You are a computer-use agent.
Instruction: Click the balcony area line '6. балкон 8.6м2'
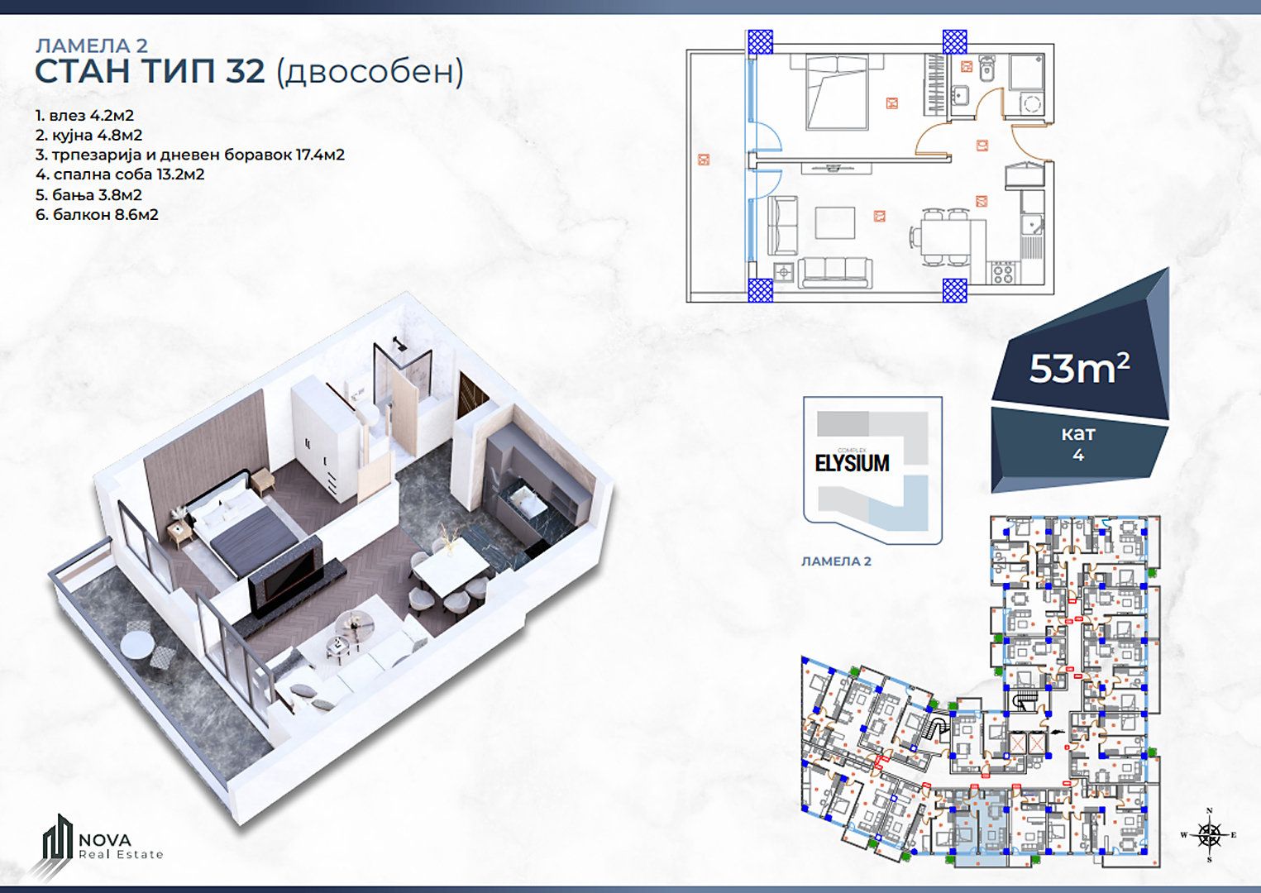tap(97, 214)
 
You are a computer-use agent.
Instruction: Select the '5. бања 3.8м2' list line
tap(88, 195)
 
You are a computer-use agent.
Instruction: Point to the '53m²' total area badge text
tap(1079, 369)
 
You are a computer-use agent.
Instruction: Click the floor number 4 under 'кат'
tap(1078, 455)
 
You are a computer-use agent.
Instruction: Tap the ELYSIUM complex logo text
tap(853, 463)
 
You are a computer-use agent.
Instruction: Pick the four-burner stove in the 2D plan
tap(1003, 273)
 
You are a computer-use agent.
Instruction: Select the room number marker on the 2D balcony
tap(704, 160)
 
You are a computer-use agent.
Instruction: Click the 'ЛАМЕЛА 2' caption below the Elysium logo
tap(836, 561)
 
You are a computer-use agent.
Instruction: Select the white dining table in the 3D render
tap(451, 566)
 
